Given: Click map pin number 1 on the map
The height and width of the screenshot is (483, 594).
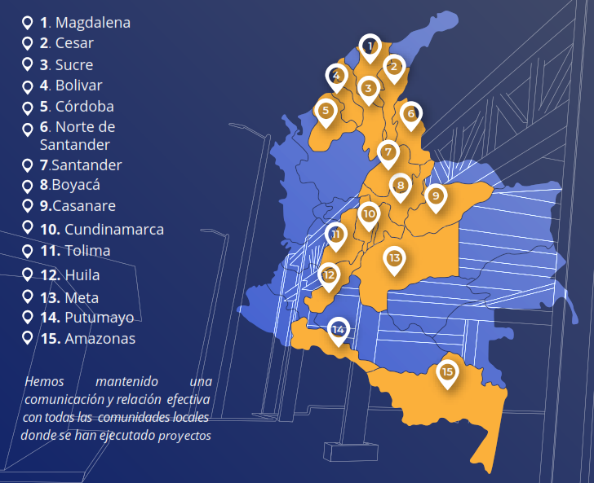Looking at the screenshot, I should tap(370, 47).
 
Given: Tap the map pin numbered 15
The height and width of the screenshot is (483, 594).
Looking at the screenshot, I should tap(447, 373).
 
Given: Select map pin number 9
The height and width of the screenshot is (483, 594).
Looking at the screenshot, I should tap(436, 196).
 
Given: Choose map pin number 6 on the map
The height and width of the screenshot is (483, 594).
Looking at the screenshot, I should tap(410, 114).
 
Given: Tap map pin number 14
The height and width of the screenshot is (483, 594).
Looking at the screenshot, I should tap(338, 330).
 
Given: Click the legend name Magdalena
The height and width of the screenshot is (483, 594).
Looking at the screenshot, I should tap(92, 23).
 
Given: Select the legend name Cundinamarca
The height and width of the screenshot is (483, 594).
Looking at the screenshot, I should tap(114, 230).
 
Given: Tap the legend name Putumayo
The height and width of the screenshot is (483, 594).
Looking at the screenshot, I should tap(99, 318).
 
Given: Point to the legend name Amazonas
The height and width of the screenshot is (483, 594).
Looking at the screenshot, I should tap(100, 339).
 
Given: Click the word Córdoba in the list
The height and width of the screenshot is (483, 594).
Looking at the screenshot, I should tap(85, 107).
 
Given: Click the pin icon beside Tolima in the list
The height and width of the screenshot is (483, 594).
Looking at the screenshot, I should tap(28, 250).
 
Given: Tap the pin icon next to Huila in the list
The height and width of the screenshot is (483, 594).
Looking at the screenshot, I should tap(28, 274).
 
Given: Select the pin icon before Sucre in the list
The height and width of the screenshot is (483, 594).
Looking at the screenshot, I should tap(28, 64).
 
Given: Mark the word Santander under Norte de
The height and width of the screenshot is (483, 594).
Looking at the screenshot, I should tap(75, 145).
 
